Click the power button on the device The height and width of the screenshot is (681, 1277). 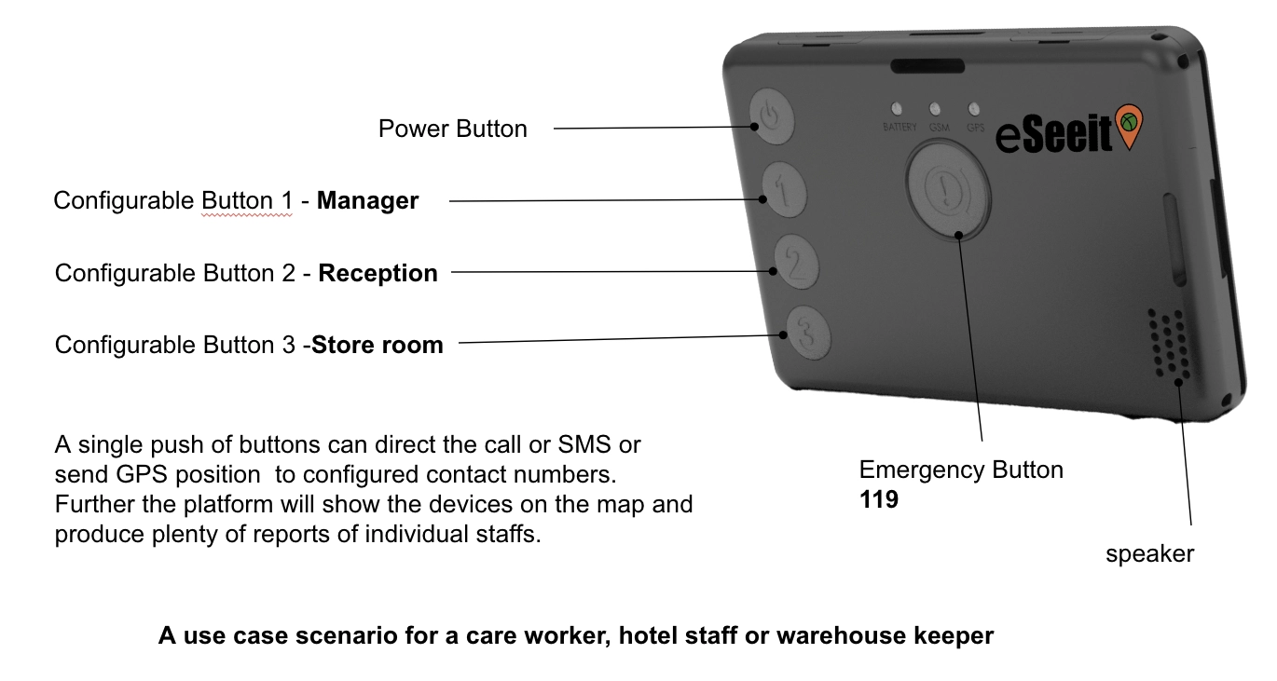[x=771, y=118]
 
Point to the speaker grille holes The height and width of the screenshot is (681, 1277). [x=1168, y=345]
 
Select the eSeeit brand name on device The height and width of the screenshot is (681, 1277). [x=1054, y=136]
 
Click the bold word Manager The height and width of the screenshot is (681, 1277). [x=367, y=200]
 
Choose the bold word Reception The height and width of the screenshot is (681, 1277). [x=378, y=273]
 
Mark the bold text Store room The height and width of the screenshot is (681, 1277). [x=378, y=345]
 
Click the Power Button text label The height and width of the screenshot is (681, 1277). [x=452, y=129]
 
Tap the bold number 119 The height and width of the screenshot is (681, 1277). [x=879, y=499]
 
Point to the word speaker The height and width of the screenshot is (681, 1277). [x=1149, y=554]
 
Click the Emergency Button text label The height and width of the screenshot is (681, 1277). [x=961, y=470]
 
